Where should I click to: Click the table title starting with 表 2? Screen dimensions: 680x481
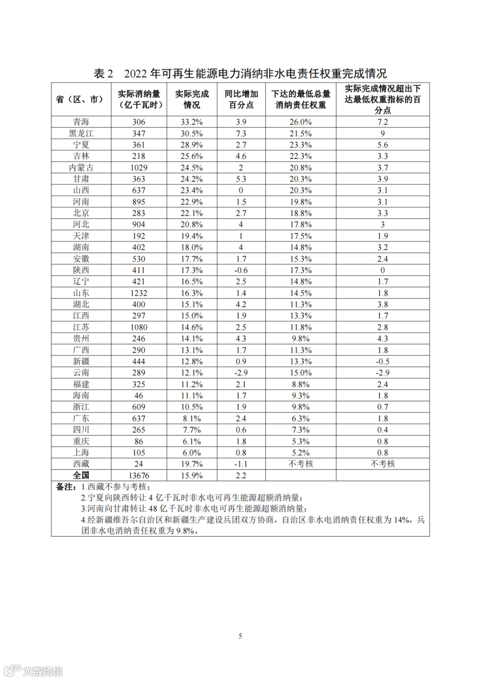(240, 73)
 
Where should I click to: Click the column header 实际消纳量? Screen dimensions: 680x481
(139, 99)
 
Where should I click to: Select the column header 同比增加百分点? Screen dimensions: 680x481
(241, 99)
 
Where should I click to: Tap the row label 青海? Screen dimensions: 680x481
(81, 122)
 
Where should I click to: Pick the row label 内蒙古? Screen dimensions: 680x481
(81, 167)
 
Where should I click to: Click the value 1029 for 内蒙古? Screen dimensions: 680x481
(139, 168)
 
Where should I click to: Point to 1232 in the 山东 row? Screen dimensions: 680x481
(139, 293)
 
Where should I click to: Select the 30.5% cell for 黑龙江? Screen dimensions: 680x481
(192, 134)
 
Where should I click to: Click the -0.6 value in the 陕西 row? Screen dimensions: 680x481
(241, 270)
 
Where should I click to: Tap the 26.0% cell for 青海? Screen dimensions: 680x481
(301, 122)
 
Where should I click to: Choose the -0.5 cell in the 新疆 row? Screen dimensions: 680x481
(383, 362)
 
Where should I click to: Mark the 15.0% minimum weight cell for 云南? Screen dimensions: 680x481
(301, 373)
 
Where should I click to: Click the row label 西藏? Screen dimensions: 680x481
(81, 464)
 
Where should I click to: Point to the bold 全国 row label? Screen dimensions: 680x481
(81, 475)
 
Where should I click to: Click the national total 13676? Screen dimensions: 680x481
(139, 476)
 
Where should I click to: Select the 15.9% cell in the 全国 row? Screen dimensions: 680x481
(192, 476)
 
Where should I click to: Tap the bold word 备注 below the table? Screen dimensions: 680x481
(65, 487)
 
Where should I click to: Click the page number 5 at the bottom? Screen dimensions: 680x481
(240, 636)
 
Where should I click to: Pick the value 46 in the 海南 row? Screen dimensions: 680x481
(139, 395)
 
